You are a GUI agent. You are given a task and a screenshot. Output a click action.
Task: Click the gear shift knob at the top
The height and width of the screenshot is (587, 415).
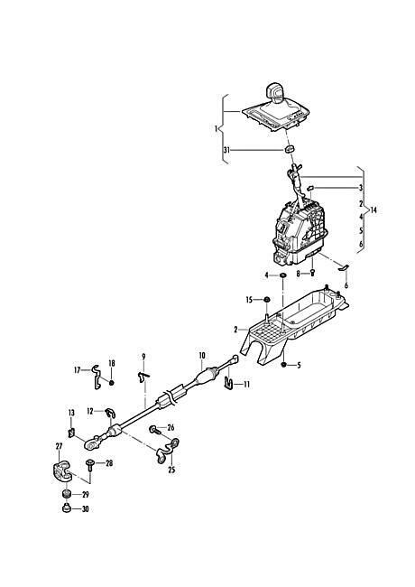coord(276,92)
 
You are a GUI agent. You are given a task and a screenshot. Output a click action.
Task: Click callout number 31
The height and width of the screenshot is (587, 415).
coord(226,150)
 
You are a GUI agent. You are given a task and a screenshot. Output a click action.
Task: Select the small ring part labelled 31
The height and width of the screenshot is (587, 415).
coord(290,149)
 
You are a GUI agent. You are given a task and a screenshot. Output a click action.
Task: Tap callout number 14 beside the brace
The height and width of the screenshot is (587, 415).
coord(373,210)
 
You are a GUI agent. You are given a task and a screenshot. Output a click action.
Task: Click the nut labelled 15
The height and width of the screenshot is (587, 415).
coord(266,300)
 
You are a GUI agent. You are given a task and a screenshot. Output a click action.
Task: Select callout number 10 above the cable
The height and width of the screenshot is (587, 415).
coord(202,355)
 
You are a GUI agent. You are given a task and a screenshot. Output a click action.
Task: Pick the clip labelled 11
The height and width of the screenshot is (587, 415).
coord(229,383)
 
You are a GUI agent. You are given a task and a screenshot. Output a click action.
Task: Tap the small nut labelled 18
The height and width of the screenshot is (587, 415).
coord(111,382)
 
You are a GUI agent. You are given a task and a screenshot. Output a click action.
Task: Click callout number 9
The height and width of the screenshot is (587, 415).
coord(143,357)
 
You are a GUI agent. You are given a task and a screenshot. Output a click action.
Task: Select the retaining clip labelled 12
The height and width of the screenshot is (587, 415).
coord(110,414)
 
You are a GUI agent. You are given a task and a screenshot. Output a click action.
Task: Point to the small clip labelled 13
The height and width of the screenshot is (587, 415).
coord(71,433)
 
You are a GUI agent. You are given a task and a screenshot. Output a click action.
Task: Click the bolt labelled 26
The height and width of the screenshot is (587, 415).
coord(154,429)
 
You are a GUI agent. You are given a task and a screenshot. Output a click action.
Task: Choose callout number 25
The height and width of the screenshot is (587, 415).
coord(171,470)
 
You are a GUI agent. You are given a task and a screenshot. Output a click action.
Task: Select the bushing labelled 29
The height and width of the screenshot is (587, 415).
coord(67,494)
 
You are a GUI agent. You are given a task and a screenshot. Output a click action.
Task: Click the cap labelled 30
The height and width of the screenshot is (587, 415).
coord(66,508)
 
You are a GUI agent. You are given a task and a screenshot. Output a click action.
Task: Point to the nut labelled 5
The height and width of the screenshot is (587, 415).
coord(284,364)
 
